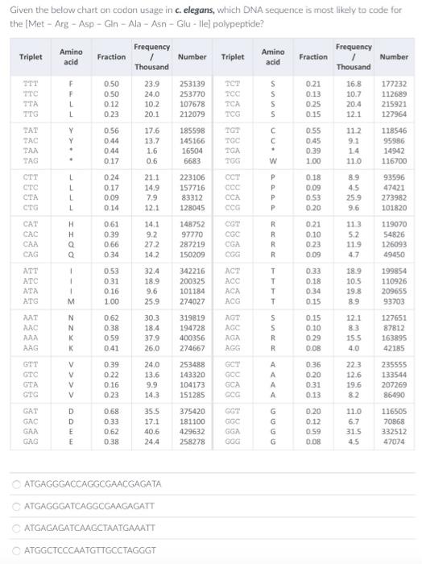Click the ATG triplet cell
click(31, 301)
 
